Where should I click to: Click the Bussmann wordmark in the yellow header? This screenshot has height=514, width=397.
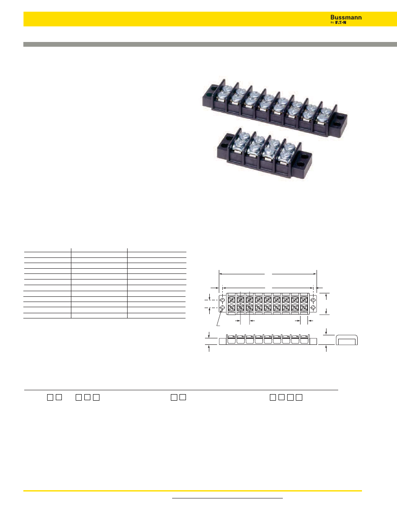tap(346, 17)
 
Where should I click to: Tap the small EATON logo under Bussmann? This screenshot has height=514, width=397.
tap(340, 22)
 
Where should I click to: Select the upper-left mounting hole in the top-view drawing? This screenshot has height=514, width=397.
tap(222, 299)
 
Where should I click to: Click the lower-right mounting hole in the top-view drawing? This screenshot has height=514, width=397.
tap(313, 308)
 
